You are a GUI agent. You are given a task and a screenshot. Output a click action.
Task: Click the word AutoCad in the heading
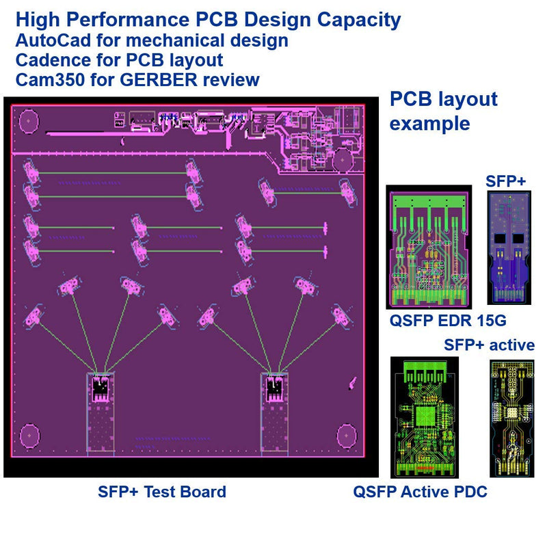coord(53,40)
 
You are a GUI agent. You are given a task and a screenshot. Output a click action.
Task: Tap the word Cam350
coord(50,80)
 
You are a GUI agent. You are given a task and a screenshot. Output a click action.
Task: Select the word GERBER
coord(159,80)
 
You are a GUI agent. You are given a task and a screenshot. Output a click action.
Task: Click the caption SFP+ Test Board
coord(162,492)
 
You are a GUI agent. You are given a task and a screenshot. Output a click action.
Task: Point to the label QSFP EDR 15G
coord(448,321)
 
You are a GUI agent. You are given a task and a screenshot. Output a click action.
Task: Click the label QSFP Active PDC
coord(420,492)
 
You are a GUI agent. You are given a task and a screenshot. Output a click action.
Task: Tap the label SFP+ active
coord(489,345)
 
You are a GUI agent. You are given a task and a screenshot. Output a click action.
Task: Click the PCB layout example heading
coord(443,111)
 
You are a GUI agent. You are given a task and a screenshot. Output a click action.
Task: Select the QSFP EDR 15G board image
coord(429,247)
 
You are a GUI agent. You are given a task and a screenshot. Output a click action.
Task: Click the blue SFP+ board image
coord(509,248)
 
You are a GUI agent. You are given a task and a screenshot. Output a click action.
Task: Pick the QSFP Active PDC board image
coord(425,417)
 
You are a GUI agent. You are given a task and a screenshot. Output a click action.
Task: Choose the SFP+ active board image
coord(512,418)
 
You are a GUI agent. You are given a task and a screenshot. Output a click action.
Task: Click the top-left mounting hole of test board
coord(29,122)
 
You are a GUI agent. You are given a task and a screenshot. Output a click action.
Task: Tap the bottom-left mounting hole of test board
coord(29,436)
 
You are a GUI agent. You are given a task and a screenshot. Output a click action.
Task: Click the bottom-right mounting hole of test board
coord(347,436)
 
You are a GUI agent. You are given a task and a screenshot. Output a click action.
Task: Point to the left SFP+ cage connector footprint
coord(101,414)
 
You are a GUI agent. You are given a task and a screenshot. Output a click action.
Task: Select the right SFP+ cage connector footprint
coord(275,414)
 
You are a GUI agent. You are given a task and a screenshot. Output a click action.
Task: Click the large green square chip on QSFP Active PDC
coord(425,416)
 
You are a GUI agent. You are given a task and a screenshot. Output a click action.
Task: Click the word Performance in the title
coord(128,20)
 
